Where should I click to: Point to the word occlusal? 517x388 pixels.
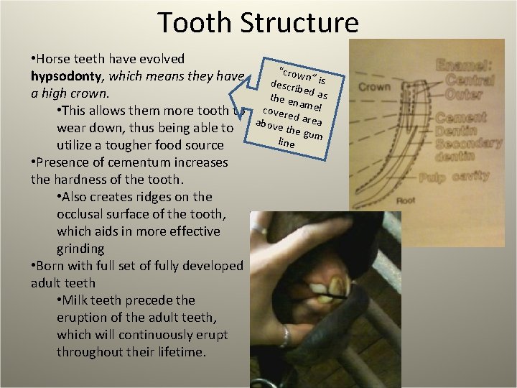coord(82,214)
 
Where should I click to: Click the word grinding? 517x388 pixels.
coord(80,249)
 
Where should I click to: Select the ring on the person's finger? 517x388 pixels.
coord(286,336)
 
